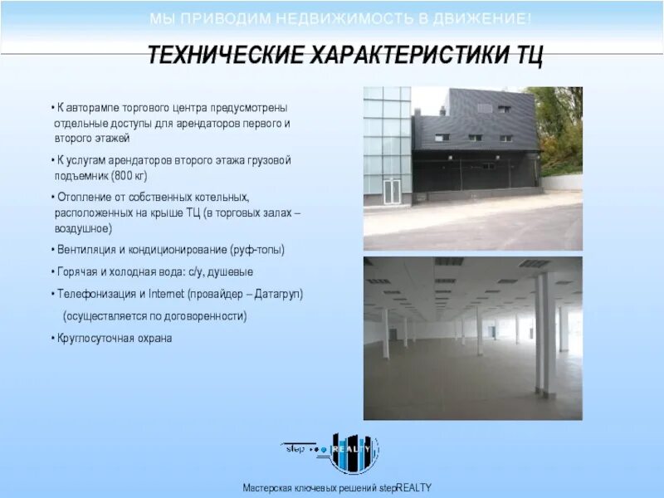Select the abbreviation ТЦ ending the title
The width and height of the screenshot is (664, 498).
[x=529, y=56]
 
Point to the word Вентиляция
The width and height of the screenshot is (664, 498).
[x=86, y=249]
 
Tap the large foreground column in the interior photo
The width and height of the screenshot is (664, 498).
[x=545, y=332]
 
